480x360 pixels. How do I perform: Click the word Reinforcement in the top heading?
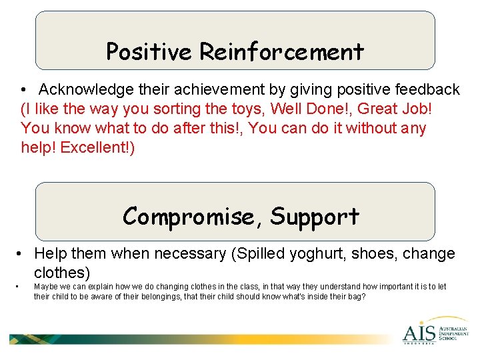coord(281,51)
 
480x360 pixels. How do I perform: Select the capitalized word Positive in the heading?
coord(149,51)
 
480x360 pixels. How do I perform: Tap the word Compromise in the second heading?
coord(193,217)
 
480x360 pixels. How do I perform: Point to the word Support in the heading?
coord(315,217)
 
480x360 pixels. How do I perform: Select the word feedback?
coord(428,89)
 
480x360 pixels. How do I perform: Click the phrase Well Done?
coord(304,109)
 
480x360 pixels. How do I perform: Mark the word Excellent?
coord(97,147)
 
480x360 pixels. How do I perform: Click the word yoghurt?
coord(292,254)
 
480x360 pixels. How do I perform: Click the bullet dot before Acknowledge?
coord(23,90)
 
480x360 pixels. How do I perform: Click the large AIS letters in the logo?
coord(419,332)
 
